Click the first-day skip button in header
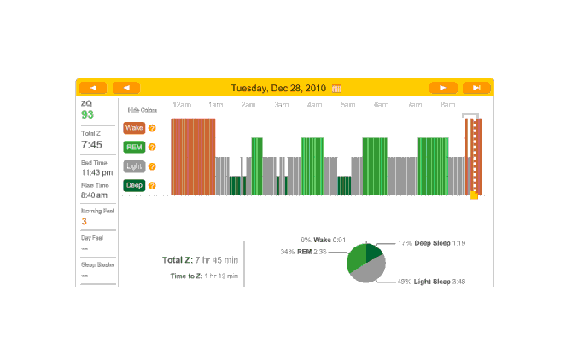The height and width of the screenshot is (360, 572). tap(92, 87)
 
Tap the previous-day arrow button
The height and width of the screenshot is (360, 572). tap(126, 87)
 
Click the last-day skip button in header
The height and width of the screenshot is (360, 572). tap(476, 87)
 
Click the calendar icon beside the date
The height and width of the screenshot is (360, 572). tap(337, 88)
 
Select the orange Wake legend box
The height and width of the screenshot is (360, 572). tap(134, 128)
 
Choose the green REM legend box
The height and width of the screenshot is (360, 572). tap(134, 147)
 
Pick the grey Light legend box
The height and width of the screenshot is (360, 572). tap(134, 166)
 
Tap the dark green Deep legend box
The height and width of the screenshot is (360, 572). tap(134, 185)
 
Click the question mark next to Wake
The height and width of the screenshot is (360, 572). tap(152, 128)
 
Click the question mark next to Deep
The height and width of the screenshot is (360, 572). tap(152, 185)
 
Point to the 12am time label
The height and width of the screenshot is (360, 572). tap(182, 105)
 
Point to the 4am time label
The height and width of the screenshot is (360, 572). tap(314, 105)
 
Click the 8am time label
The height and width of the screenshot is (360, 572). tap(447, 105)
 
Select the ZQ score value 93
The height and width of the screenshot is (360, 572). tap(88, 114)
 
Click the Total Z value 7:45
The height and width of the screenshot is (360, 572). tap(91, 145)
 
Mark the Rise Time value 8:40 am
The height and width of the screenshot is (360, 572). tap(95, 195)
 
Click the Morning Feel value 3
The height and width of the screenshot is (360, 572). tap(84, 221)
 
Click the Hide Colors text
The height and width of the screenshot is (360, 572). tap(142, 110)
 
